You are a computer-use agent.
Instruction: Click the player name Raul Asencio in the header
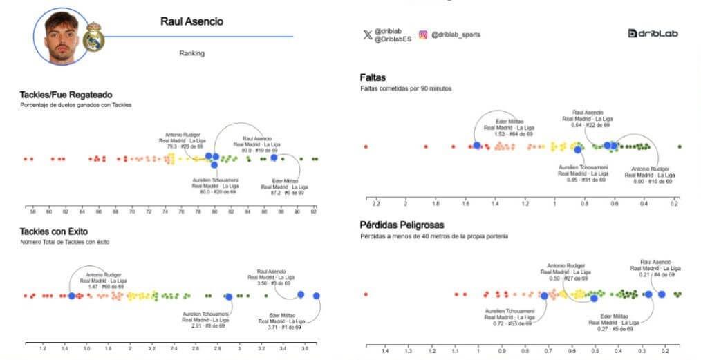coord(191,21)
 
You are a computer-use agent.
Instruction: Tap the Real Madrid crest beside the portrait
coord(93,37)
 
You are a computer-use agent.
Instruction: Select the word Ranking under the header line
coord(191,53)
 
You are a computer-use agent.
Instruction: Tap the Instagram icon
coord(422,35)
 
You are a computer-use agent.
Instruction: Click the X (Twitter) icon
coord(367,35)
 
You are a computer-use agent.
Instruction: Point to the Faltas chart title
coord(373,77)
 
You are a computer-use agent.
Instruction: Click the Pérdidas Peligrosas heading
coord(402,225)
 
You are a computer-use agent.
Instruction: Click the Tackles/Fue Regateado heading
coord(66,94)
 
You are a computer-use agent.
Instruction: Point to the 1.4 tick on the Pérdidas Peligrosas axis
coord(385,351)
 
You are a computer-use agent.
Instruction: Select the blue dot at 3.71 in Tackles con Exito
coord(317,296)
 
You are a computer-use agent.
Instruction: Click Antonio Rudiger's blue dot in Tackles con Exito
coord(72,296)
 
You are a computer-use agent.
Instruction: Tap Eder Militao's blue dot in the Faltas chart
coord(477,146)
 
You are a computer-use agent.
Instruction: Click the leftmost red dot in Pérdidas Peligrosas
coord(366,294)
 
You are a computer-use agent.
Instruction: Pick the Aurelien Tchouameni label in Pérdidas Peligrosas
coord(508,317)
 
